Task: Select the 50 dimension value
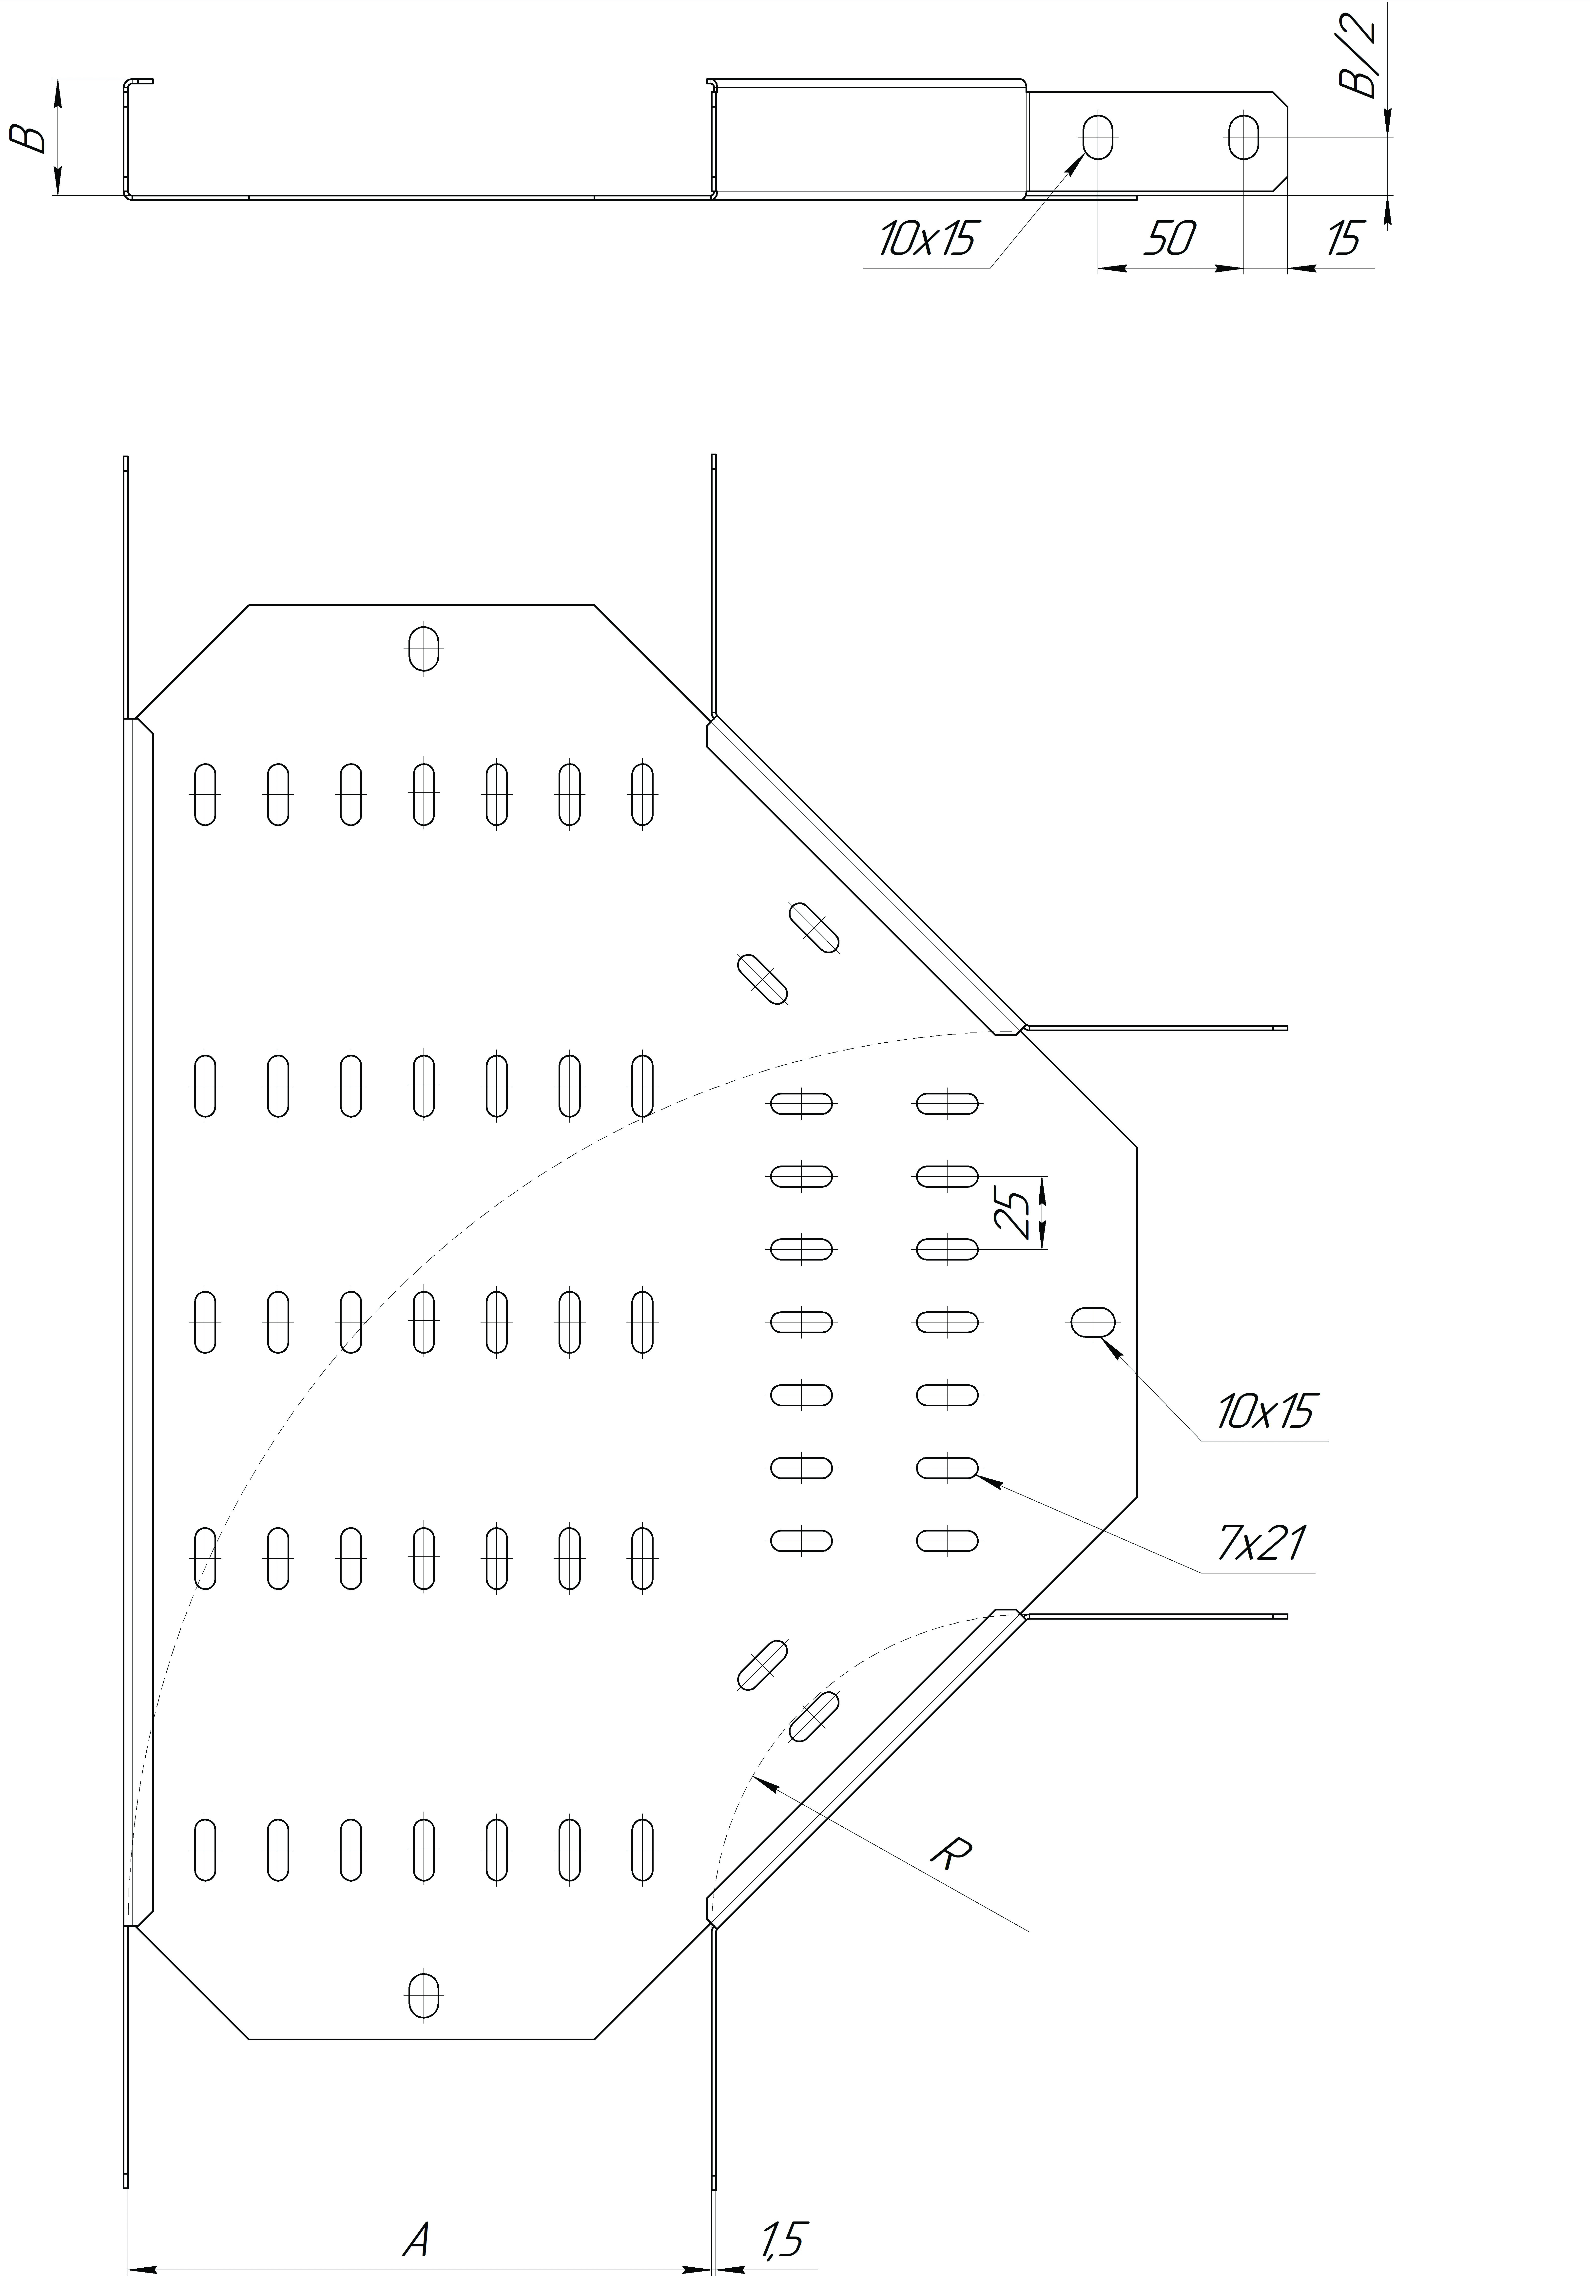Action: pyautogui.click(x=1170, y=238)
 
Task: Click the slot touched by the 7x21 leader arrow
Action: pyautogui.click(x=947, y=1467)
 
